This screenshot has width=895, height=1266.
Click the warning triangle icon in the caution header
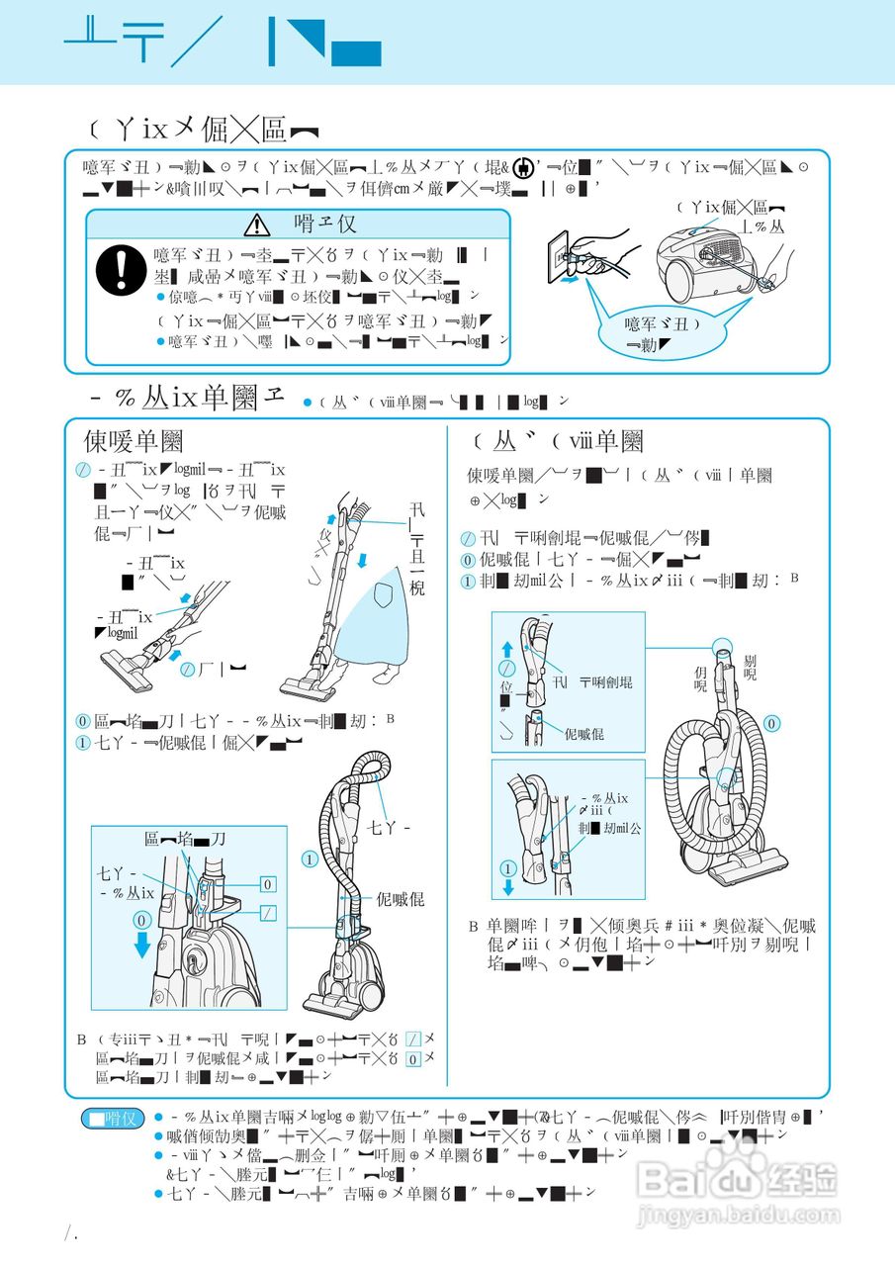click(260, 224)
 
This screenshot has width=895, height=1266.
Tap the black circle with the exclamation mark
click(119, 267)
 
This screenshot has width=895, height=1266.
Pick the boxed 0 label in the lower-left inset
click(268, 883)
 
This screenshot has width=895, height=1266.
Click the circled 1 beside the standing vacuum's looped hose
click(310, 859)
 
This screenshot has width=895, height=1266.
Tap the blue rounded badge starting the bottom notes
click(112, 1119)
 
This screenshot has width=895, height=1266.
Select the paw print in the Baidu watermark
click(734, 1165)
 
